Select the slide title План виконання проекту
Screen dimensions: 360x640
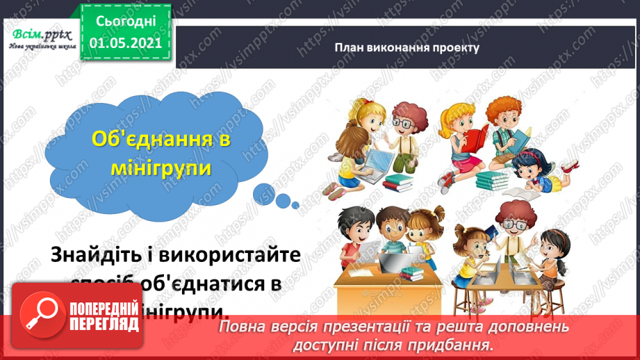point(407,48)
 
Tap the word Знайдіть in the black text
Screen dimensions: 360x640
point(95,255)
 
